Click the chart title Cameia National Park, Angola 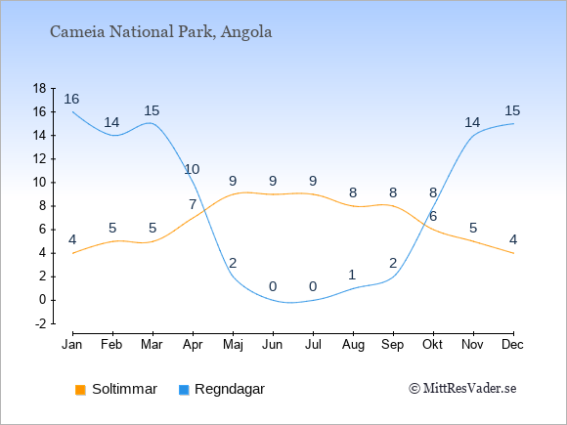pos(161,32)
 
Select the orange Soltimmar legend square pos(80,390)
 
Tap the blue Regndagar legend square pos(184,390)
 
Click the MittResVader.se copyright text pos(462,389)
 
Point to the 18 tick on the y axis pos(39,88)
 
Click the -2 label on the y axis pos(41,323)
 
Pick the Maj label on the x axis pos(233,345)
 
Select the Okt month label pos(433,345)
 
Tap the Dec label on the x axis pos(513,345)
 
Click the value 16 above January pos(71,99)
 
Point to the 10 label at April pos(192,169)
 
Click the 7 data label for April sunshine pos(193,204)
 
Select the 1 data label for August pos(352,275)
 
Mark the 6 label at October pos(433,217)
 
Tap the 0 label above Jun pos(273,287)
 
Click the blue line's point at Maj pos(233,276)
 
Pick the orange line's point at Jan pos(73,253)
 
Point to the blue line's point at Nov pos(473,136)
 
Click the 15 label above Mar pos(152,110)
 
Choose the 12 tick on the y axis pos(39,159)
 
